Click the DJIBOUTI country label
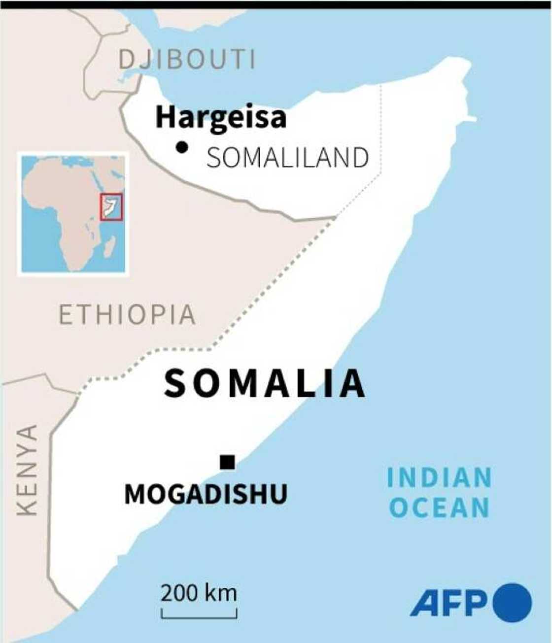187,60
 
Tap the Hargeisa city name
220,118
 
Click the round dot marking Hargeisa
182,146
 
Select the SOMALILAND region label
287,158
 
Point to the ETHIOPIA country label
127,315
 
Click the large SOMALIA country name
265,384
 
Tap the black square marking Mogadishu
227,462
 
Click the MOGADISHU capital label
206,494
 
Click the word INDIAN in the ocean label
439,478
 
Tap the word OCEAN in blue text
439,508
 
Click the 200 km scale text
199,593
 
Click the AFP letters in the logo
448,603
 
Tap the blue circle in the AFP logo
513,603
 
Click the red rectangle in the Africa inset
111,207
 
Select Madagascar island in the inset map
110,245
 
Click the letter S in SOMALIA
176,384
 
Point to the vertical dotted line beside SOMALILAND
381,128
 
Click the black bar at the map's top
276,4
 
